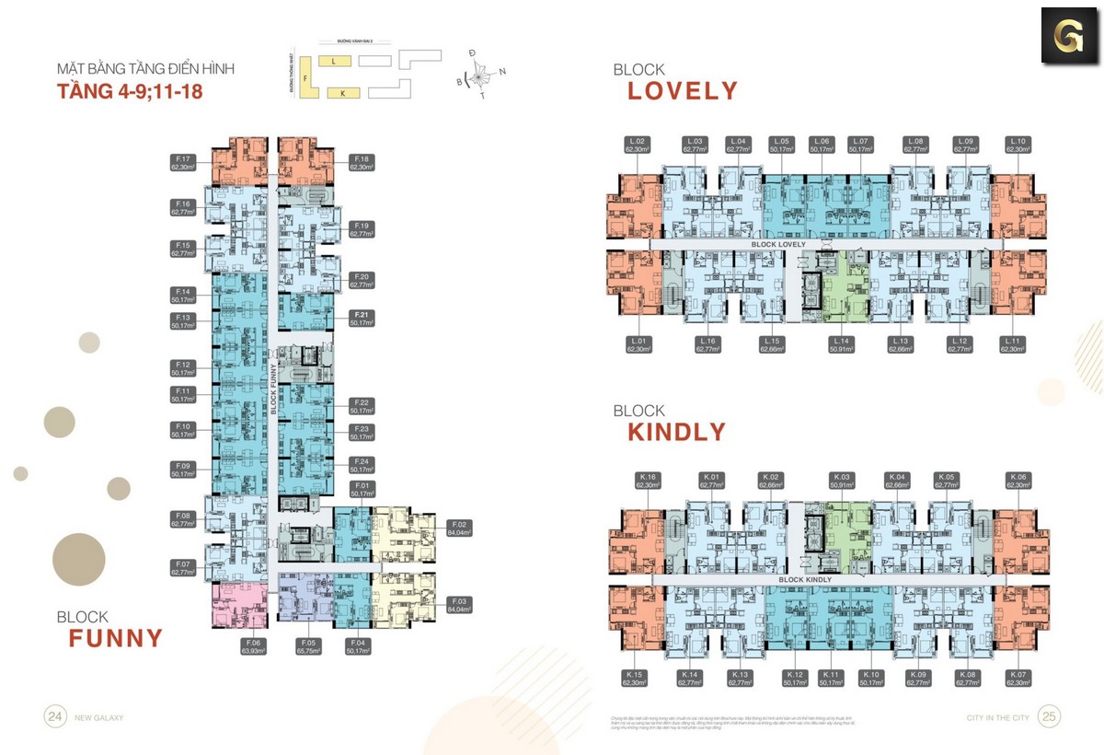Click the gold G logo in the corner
tap(1067, 36)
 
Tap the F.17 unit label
tap(180, 163)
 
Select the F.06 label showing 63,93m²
tap(254, 646)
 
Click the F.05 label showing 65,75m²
tap(307, 646)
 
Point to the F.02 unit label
tap(459, 528)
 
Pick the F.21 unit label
tap(359, 319)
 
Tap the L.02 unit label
tap(638, 145)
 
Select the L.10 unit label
tap(1017, 145)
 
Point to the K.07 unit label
tap(1017, 679)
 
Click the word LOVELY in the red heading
tap(683, 91)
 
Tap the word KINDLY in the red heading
tap(676, 432)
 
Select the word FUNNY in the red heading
tap(115, 638)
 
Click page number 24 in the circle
tap(56, 716)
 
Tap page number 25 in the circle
tap(1049, 716)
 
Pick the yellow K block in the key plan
tap(342, 93)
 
